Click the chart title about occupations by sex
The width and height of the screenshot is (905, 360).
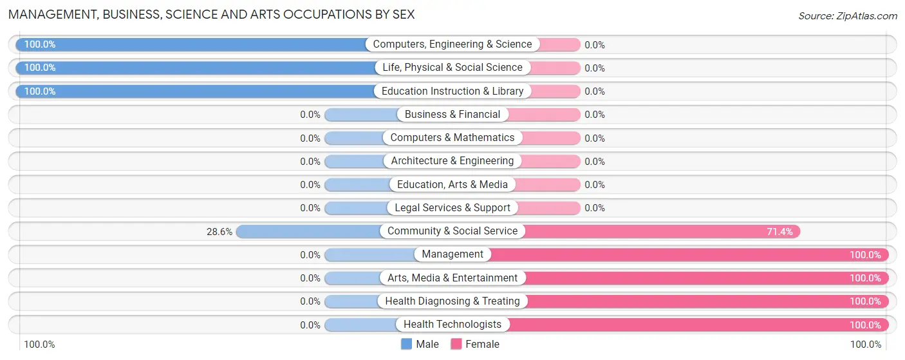[211, 14]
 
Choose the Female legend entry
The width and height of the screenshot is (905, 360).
[475, 344]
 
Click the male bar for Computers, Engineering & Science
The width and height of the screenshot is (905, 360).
[193, 44]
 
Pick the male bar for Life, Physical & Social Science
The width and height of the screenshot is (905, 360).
[193, 68]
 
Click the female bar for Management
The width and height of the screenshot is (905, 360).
[689, 254]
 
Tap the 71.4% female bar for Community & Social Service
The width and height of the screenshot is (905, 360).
[663, 231]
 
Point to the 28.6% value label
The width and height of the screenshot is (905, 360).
[219, 231]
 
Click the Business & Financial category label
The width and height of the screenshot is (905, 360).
[452, 115]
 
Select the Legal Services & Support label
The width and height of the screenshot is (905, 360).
[452, 208]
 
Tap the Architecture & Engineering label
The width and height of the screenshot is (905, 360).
[452, 161]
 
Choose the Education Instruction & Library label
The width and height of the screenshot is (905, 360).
[452, 91]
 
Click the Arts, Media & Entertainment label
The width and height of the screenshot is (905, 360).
[452, 278]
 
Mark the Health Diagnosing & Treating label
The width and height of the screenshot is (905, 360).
[452, 301]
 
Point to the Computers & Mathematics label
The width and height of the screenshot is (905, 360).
[452, 138]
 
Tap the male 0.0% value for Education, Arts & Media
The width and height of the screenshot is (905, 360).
[310, 185]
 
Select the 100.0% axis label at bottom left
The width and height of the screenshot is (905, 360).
[40, 345]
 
